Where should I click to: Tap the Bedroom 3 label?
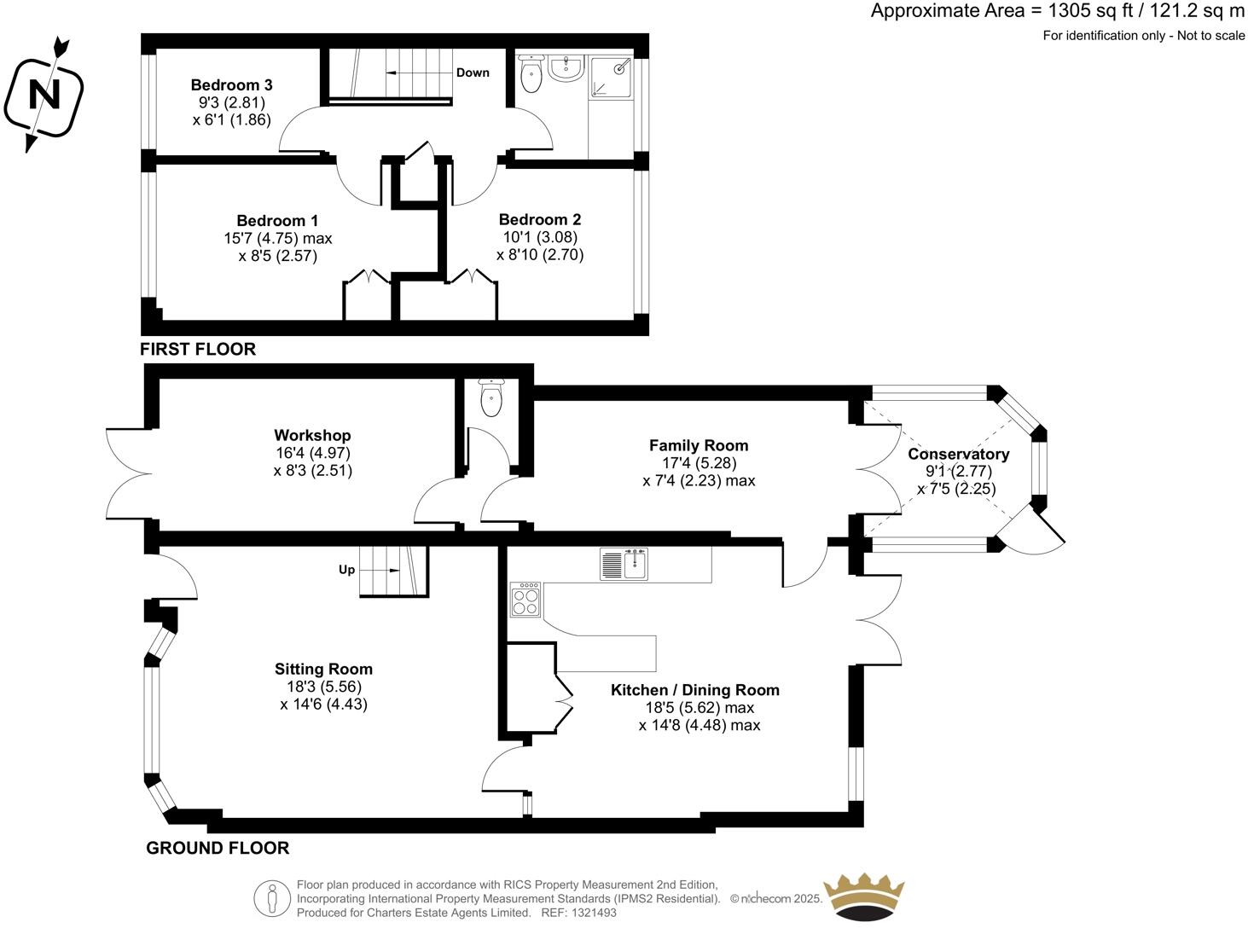pos(231,85)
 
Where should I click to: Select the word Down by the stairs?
pos(473,72)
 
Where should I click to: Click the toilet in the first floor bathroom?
pos(531,74)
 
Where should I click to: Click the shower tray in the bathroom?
pos(612,75)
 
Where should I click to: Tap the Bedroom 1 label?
pos(277,221)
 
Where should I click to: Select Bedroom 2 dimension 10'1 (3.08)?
pos(540,237)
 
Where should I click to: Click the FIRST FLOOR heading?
pos(198,349)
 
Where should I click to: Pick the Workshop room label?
pos(312,436)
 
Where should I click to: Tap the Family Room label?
pos(699,445)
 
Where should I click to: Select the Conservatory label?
pos(958,455)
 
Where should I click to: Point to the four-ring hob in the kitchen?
pos(525,600)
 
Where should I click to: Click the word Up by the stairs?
pos(346,570)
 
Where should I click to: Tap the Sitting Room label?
pos(323,669)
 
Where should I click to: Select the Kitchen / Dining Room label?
pos(695,690)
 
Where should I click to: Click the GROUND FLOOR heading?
pos(218,848)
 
